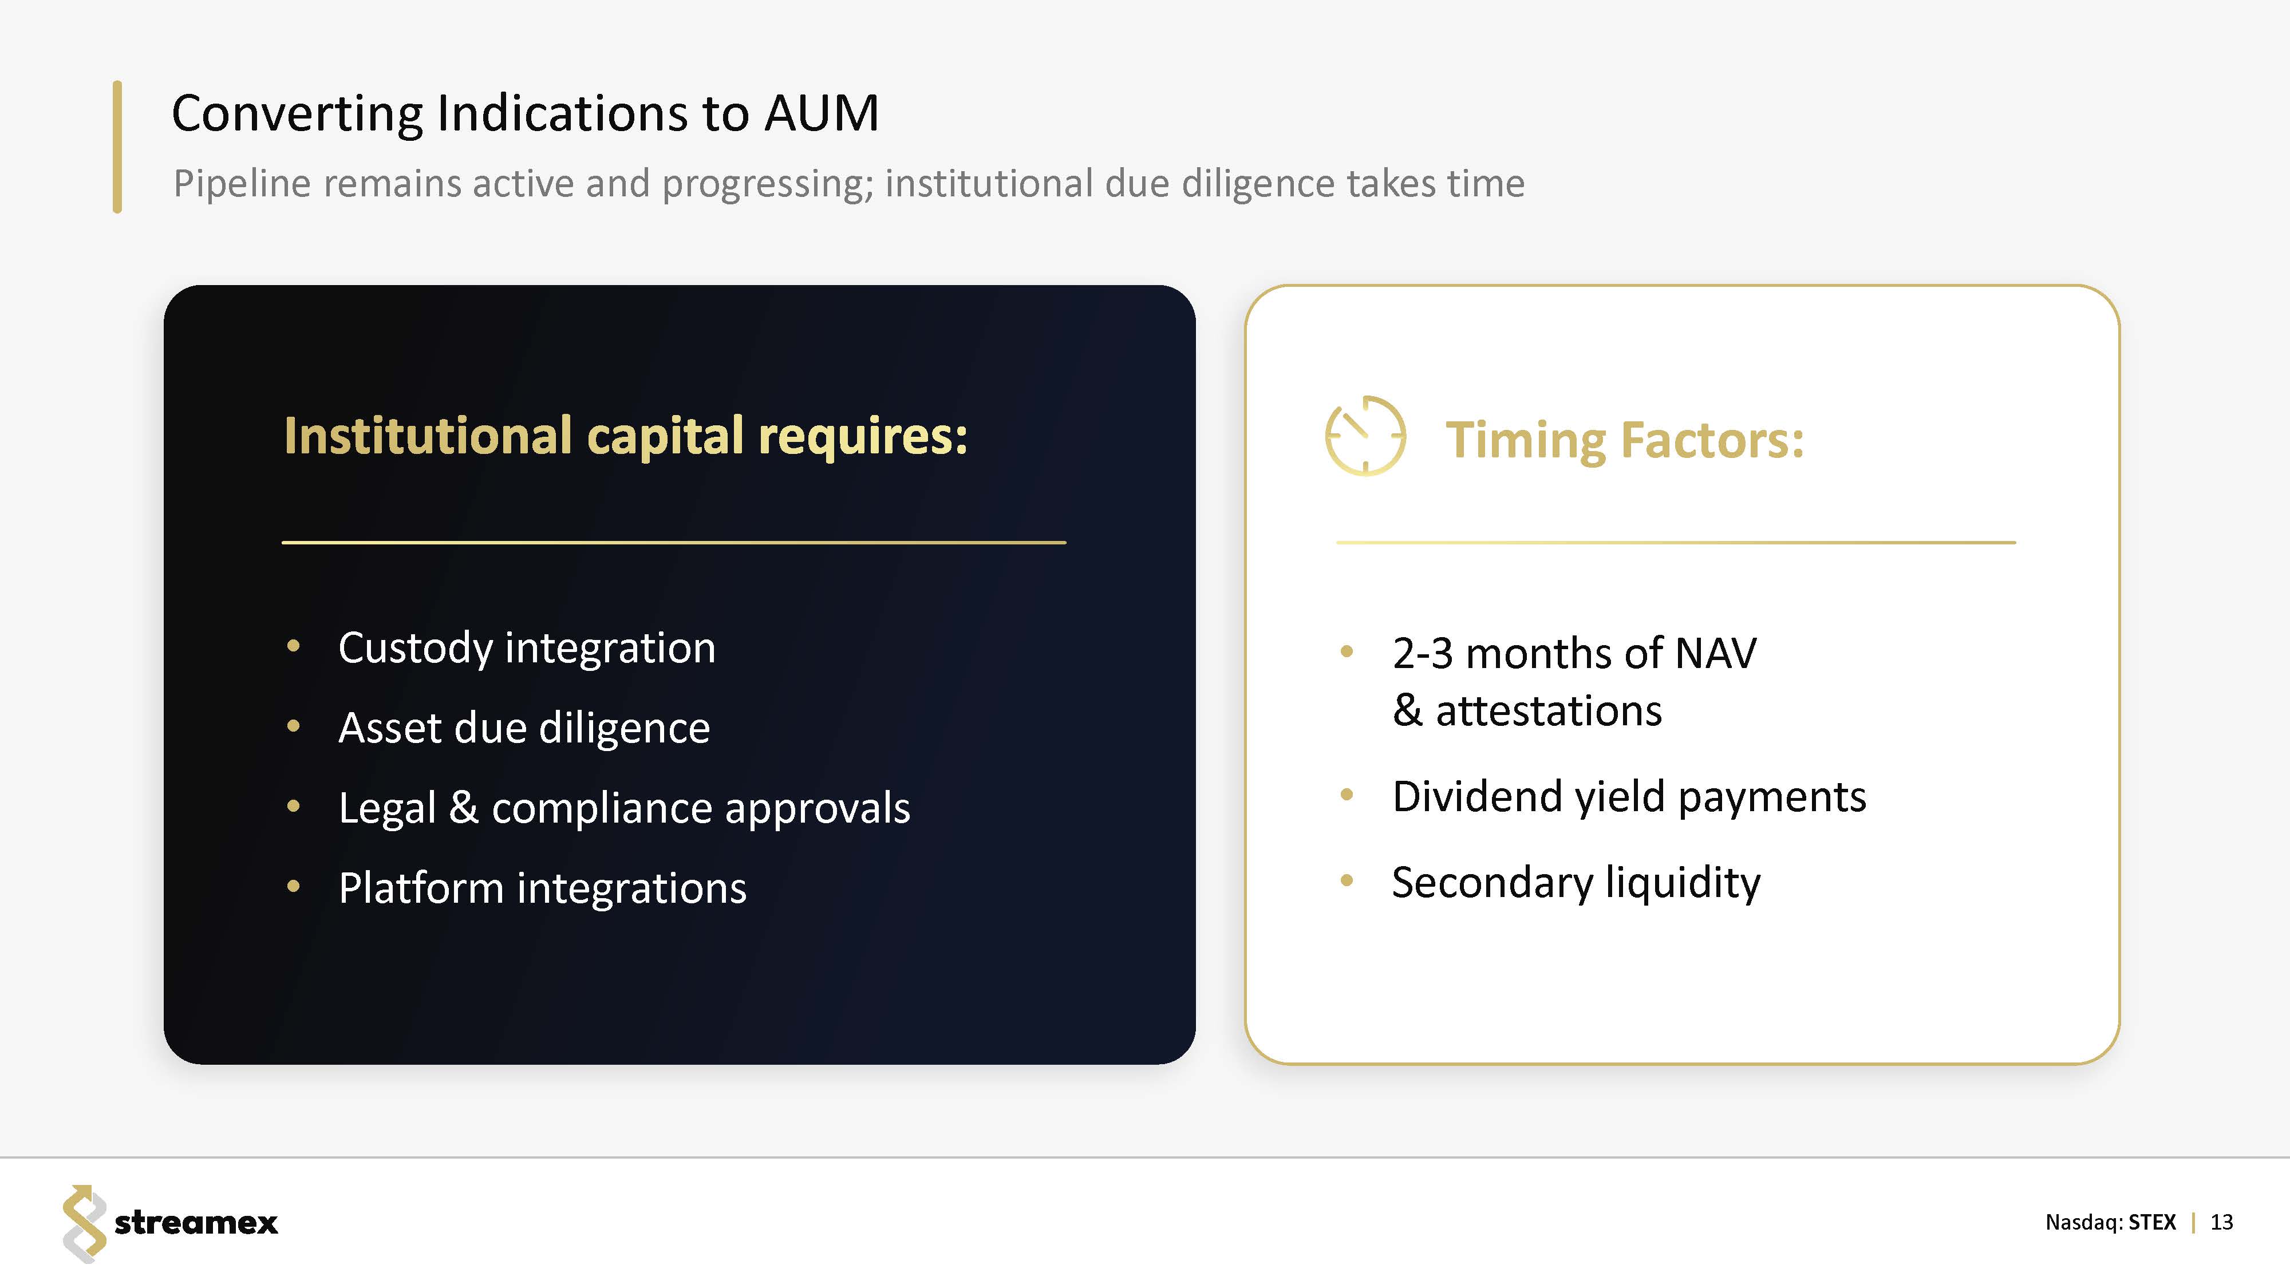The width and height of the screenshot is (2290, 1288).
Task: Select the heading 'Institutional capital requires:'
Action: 626,436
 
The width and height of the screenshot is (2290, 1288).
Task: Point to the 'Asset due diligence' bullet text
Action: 524,728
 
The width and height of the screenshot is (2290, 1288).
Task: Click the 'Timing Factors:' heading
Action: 1625,440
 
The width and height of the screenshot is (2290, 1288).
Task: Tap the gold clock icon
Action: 1365,436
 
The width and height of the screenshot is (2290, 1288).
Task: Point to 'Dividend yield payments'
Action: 1629,796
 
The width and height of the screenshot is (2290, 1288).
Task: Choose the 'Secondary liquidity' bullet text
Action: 1576,883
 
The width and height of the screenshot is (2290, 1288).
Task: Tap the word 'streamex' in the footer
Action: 196,1223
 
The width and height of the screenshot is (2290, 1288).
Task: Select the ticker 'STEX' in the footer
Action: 2152,1222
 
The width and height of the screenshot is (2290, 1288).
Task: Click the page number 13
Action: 2221,1222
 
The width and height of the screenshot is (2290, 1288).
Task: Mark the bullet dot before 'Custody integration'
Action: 293,646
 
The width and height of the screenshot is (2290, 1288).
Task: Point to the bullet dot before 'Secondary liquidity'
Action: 1347,881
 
